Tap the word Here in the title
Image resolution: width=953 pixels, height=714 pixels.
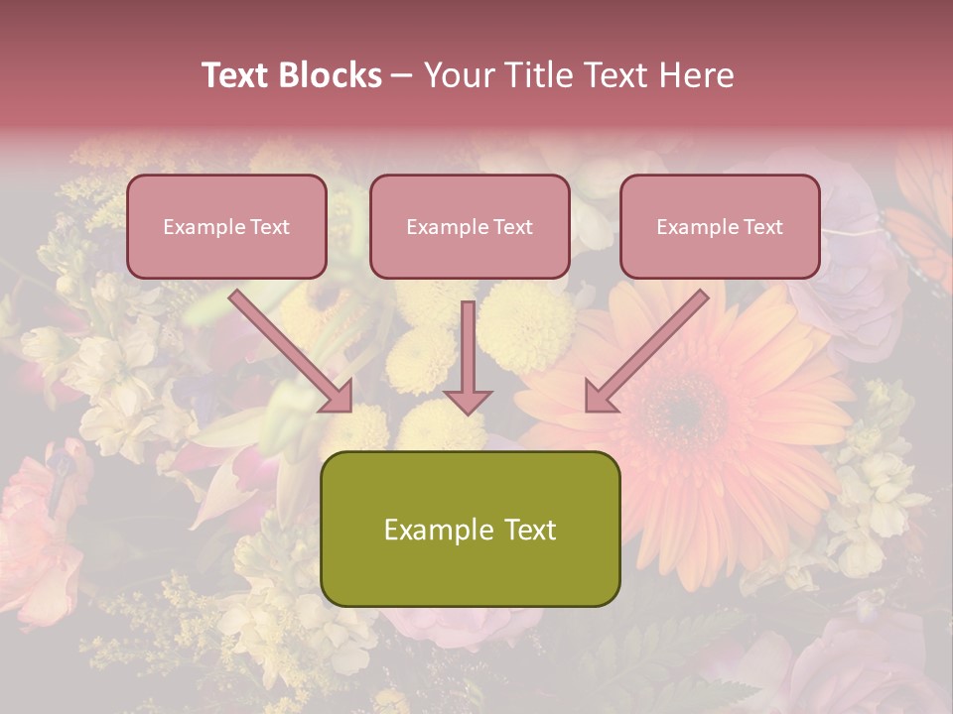point(694,75)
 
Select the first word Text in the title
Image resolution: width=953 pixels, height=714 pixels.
point(238,75)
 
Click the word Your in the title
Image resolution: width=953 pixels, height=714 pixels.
point(456,75)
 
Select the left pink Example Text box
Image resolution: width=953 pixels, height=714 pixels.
point(226,226)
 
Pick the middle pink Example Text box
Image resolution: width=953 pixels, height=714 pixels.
point(470,226)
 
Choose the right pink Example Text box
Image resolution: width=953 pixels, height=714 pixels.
point(720,226)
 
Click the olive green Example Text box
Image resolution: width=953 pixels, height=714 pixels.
point(470,529)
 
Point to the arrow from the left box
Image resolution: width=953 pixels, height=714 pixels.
point(294,352)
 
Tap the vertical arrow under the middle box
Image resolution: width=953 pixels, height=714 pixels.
point(468,357)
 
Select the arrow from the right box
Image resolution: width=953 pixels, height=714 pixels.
point(645,352)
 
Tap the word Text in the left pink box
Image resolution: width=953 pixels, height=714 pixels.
point(270,227)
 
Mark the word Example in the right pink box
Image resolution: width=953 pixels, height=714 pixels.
point(697,227)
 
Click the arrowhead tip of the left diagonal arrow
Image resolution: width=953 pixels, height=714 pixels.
point(349,409)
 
